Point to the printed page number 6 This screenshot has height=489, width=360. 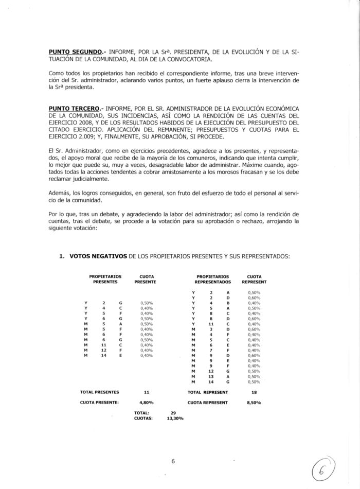173,461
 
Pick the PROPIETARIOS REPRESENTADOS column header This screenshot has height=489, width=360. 212,279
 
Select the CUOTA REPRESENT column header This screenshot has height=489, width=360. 254,279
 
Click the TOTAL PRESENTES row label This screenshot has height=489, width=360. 100,392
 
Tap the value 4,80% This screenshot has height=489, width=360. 147,402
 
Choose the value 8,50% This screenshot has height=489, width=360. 254,402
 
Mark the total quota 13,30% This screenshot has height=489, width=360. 175,418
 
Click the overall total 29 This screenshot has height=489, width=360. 173,413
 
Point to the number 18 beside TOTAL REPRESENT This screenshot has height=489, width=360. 254,392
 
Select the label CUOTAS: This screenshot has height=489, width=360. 143,418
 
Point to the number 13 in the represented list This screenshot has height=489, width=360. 211,376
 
